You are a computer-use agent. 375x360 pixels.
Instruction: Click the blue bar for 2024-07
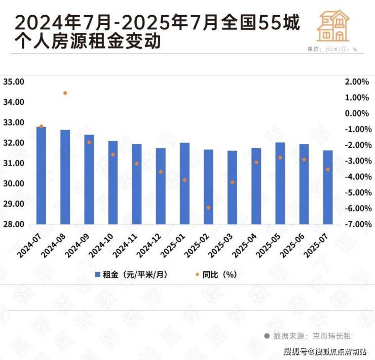click(42, 175)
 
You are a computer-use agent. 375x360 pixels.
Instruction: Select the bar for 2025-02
click(208, 187)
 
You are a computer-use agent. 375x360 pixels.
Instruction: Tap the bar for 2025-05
click(280, 183)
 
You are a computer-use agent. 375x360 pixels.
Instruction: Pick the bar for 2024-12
click(161, 186)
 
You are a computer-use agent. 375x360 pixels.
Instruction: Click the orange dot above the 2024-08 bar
click(65, 93)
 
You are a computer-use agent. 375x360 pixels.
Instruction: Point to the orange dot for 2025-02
click(208, 208)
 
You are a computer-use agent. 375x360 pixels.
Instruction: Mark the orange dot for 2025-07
click(328, 170)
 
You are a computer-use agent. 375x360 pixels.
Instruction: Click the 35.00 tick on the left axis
click(14, 82)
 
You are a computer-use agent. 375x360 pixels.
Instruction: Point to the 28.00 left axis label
click(14, 224)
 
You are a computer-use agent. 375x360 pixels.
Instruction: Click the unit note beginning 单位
click(332, 49)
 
